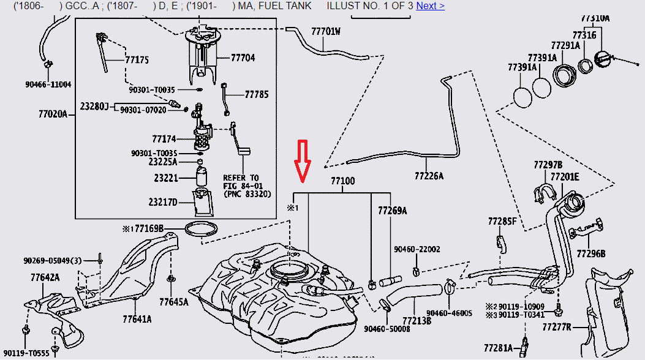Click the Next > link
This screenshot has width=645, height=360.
(x=430, y=6)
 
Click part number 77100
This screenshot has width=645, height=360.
(x=343, y=181)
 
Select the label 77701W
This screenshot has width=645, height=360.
(x=325, y=31)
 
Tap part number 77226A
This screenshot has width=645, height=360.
(x=429, y=176)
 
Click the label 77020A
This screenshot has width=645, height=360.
(x=53, y=113)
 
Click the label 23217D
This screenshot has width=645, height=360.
(x=163, y=202)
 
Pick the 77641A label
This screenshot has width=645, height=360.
(x=137, y=319)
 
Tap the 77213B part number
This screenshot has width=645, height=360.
(x=417, y=320)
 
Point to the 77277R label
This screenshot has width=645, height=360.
(x=556, y=327)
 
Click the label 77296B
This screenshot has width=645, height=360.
(x=591, y=253)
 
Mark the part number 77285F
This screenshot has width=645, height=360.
(x=502, y=220)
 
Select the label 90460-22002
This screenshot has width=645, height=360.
(x=417, y=250)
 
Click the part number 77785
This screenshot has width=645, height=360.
(x=257, y=95)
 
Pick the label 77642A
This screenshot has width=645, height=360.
(x=45, y=277)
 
